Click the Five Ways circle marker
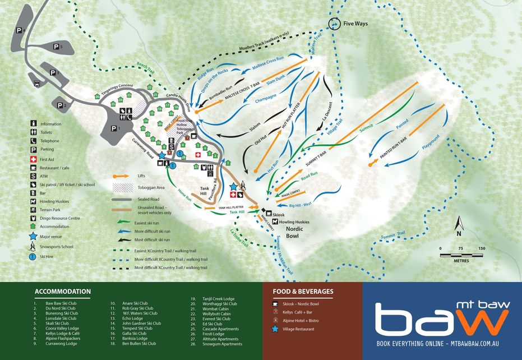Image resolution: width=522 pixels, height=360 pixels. click(335, 24)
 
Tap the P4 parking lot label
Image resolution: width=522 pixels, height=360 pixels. click(21, 30)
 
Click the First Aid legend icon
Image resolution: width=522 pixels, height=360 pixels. click(34, 159)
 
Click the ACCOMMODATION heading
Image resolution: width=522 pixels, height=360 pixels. click(63, 292)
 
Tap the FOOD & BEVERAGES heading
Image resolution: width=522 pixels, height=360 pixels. click(303, 292)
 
